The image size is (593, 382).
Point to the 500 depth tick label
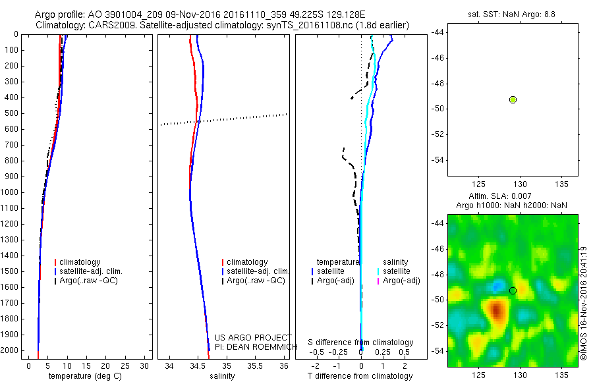(x=11, y=113)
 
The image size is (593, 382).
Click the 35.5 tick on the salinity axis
(x=255, y=366)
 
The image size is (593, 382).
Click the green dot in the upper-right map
(x=513, y=99)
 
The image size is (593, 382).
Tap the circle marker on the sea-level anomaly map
(x=513, y=290)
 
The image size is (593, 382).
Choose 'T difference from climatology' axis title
(x=360, y=376)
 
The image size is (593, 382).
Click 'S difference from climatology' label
(x=360, y=342)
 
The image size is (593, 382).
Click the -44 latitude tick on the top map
(x=438, y=32)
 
